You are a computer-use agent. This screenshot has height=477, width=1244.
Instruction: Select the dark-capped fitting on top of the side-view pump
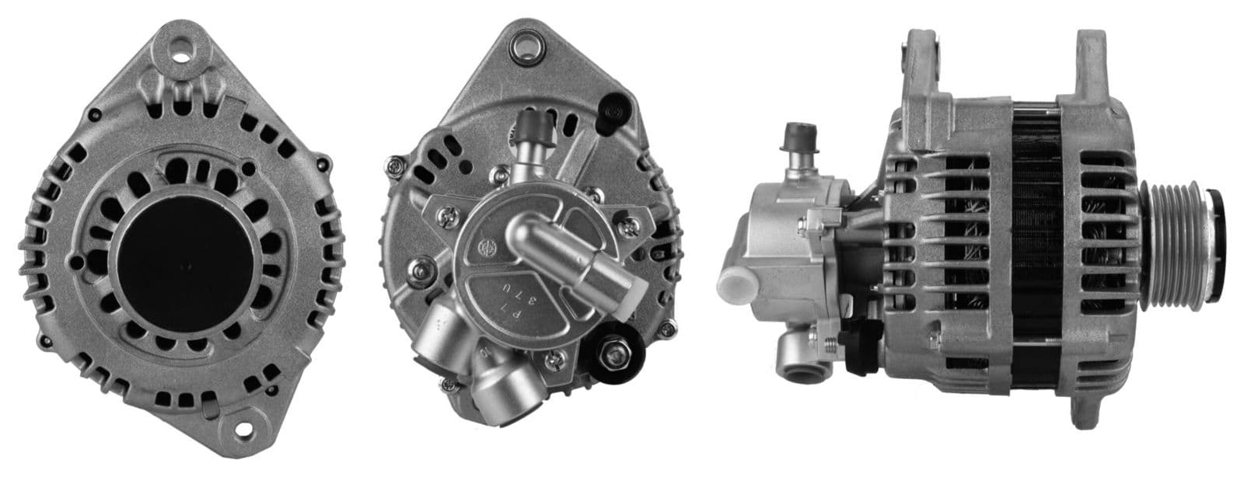pyautogui.click(x=798, y=135)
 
